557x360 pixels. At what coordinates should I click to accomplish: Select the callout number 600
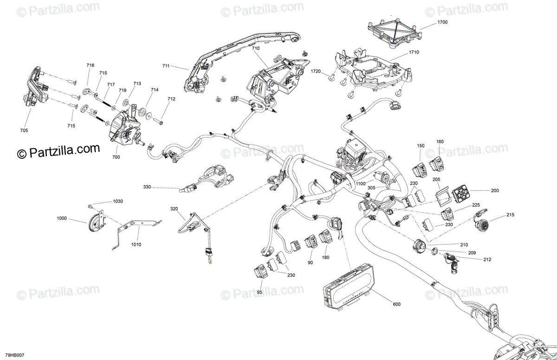click(x=396, y=304)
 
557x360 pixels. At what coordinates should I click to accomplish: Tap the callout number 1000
click(x=62, y=218)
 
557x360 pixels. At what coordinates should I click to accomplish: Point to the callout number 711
click(x=166, y=66)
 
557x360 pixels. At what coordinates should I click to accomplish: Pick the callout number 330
click(x=147, y=187)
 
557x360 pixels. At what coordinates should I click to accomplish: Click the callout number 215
click(x=498, y=214)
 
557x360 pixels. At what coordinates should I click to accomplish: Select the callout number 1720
click(x=316, y=71)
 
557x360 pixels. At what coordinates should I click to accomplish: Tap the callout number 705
click(x=24, y=130)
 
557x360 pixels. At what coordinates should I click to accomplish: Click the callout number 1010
click(x=136, y=244)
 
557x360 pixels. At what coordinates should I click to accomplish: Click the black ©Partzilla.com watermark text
click(x=59, y=150)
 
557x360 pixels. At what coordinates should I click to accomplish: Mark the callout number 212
click(x=487, y=259)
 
